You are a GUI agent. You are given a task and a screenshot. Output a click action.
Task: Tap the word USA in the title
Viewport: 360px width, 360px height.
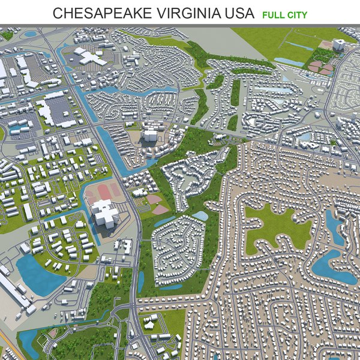click(x=238, y=13)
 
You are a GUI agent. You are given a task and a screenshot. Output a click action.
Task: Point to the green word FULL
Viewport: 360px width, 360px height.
click(x=273, y=14)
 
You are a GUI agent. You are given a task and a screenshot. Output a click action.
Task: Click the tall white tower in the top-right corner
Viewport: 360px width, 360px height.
click(x=338, y=46)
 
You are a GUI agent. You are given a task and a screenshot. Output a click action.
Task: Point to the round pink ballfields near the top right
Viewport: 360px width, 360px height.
click(x=321, y=67)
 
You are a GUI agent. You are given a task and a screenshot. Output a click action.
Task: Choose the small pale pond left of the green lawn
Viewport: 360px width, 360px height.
click(x=200, y=215)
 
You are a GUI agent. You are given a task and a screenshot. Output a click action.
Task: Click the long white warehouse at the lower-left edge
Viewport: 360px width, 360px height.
click(x=13, y=294)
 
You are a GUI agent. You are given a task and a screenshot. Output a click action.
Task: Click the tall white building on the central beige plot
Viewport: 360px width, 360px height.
click(x=149, y=134)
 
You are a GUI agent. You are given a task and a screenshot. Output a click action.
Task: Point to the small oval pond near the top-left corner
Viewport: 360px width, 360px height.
click(x=31, y=34)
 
